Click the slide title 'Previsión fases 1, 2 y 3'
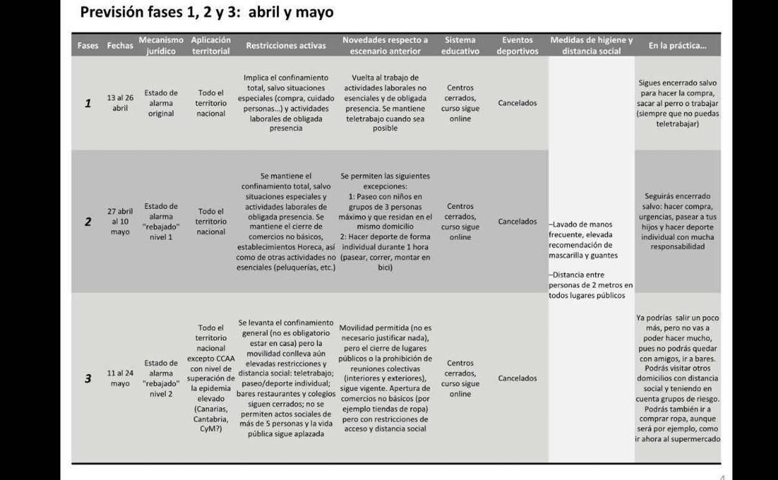(206, 12)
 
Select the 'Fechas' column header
(120, 46)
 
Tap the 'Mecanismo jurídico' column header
(161, 46)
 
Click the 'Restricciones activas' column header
(286, 46)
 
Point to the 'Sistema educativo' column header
(460, 46)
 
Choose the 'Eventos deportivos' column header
(517, 46)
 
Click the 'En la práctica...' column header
(677, 46)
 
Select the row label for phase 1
(88, 103)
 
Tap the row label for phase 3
(88, 378)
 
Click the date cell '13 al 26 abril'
(120, 103)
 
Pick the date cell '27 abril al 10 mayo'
(120, 221)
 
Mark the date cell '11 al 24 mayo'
(120, 378)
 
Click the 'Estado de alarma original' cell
(161, 103)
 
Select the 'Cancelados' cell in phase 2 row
(517, 221)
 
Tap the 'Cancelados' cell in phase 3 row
(517, 378)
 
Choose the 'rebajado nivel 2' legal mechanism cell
(161, 378)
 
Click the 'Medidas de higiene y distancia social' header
(591, 46)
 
